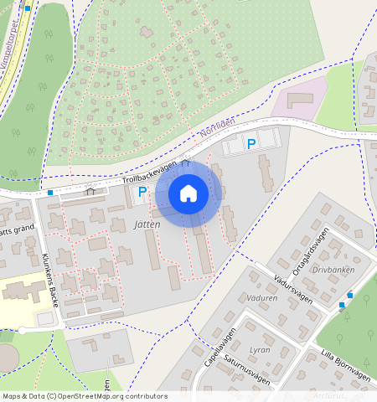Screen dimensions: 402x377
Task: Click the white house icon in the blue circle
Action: click(x=188, y=193)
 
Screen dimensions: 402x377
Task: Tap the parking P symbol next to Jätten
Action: click(x=142, y=193)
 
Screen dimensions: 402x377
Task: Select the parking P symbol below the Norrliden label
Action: click(x=250, y=144)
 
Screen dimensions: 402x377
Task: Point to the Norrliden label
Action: click(x=219, y=129)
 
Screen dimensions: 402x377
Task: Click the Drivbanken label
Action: click(x=333, y=271)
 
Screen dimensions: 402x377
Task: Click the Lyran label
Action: click(x=260, y=350)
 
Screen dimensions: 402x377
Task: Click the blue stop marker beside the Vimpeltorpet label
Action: click(x=28, y=8)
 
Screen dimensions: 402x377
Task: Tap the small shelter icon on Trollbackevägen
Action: click(x=90, y=190)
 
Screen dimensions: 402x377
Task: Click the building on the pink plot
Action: click(x=298, y=100)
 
